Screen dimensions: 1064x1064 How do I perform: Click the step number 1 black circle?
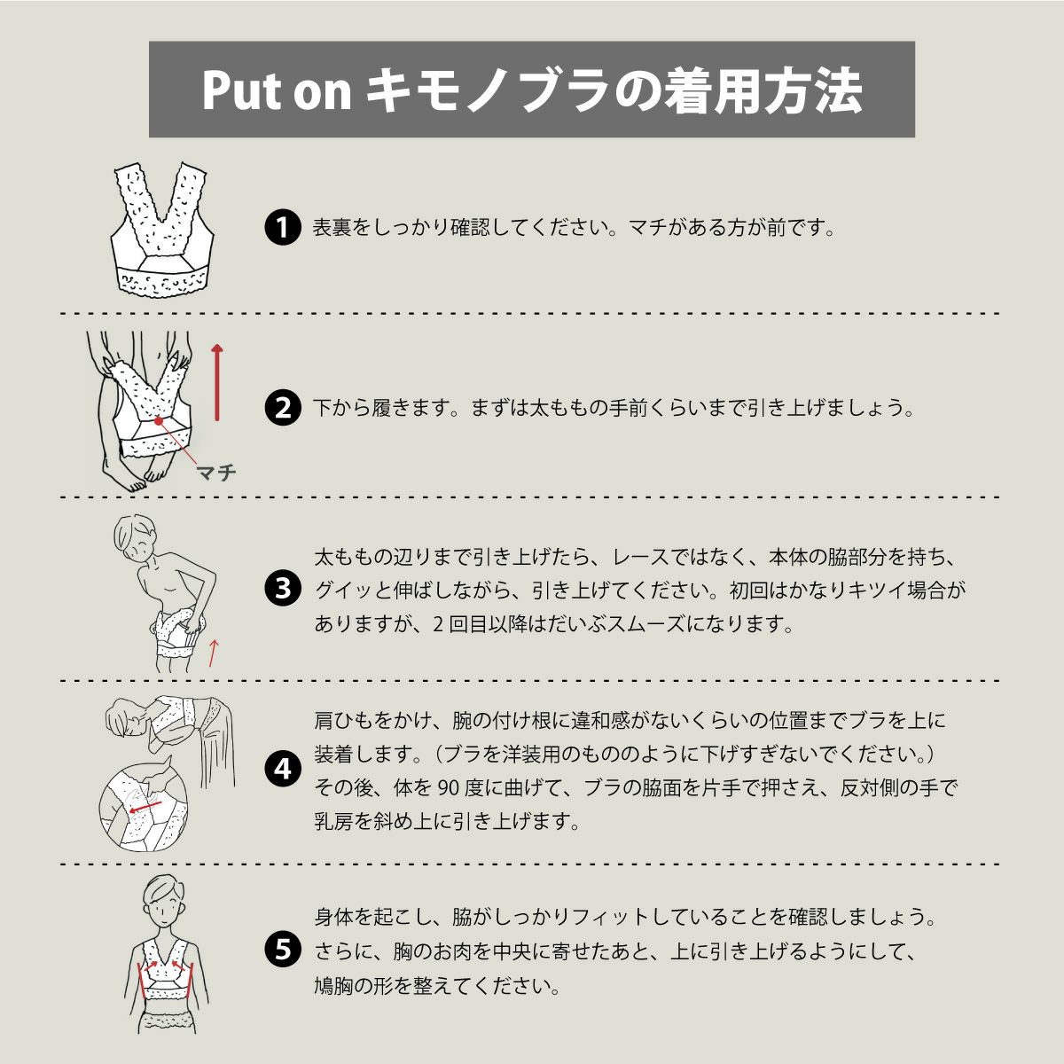[283, 227]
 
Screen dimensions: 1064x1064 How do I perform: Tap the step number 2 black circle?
[283, 408]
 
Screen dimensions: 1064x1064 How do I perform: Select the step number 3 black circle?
[283, 589]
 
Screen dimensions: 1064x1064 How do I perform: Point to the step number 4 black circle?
[283, 770]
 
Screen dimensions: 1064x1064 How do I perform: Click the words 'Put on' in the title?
[277, 91]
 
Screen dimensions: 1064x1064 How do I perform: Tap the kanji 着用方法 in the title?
[762, 91]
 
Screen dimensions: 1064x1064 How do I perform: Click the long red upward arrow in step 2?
[217, 382]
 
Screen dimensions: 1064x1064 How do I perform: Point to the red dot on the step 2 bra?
[159, 421]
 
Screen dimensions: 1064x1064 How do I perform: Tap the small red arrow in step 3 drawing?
[214, 653]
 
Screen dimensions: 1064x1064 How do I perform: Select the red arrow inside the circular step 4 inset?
[145, 807]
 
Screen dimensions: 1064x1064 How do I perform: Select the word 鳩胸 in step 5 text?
[334, 986]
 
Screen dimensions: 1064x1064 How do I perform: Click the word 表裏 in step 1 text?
[333, 228]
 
